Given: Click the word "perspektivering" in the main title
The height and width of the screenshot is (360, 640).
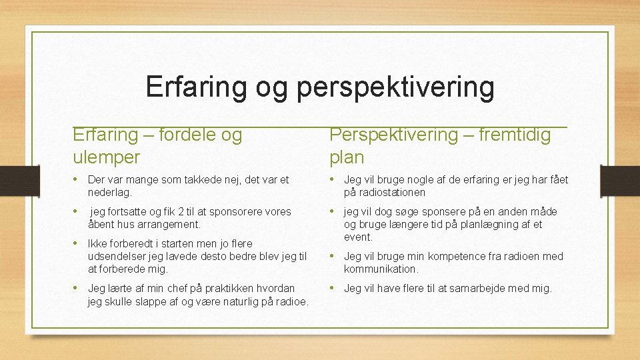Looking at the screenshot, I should coord(395,88).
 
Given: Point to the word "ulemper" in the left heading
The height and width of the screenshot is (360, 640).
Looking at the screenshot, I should coord(106,157).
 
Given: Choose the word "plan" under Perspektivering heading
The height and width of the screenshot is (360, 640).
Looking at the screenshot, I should coord(347,157).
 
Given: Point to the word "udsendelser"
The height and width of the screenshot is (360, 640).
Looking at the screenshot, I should coord(115,257).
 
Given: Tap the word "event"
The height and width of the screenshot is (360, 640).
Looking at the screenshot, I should coord(357,237).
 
